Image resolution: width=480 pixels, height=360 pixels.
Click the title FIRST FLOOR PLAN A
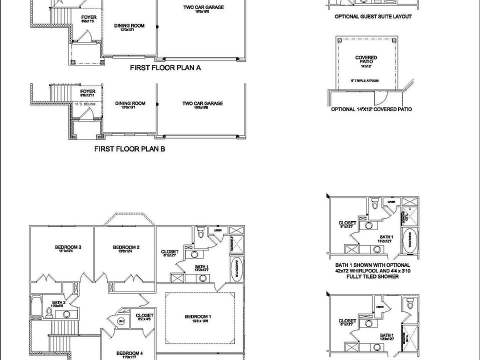click(x=165, y=67)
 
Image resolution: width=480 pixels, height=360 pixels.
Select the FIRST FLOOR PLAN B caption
click(x=129, y=148)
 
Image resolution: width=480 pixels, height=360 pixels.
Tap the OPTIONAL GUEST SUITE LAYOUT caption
click(x=373, y=16)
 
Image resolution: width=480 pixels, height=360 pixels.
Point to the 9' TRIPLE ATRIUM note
click(x=366, y=80)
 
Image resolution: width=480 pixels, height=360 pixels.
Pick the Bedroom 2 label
click(x=126, y=247)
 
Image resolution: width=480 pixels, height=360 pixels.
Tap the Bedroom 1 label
click(x=198, y=316)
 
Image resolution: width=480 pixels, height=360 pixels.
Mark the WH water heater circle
click(x=120, y=320)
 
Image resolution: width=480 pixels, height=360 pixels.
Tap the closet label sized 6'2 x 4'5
click(x=144, y=316)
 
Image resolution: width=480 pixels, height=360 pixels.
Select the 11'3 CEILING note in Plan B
click(x=86, y=104)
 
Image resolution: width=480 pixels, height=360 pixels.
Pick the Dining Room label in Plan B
click(x=130, y=103)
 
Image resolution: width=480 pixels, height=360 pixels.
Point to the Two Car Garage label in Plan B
click(x=202, y=103)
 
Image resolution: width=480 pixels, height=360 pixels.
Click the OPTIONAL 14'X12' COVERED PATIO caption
click(x=371, y=109)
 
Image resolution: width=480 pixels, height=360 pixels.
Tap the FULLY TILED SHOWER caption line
click(x=373, y=276)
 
